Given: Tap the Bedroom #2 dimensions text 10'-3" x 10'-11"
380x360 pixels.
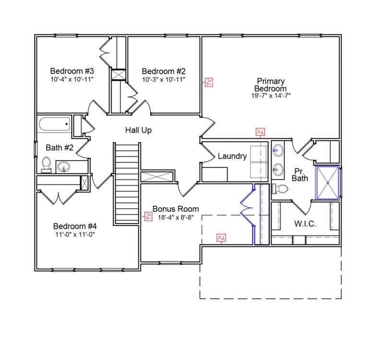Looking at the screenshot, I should click(x=164, y=79).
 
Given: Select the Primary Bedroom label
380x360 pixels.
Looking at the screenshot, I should click(x=271, y=85).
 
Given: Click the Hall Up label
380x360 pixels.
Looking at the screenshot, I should click(x=139, y=130).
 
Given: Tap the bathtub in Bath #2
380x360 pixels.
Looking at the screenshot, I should click(x=54, y=126).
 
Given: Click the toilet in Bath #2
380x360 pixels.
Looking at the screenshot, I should click(x=46, y=164).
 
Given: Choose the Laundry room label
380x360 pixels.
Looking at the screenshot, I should click(x=232, y=156).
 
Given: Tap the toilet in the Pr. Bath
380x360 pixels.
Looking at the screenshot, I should click(x=279, y=188).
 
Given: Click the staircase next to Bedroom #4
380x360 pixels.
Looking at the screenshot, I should click(x=127, y=185).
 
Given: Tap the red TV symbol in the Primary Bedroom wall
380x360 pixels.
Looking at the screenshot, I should click(x=209, y=82).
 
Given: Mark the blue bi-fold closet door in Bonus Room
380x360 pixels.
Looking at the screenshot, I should click(x=247, y=210).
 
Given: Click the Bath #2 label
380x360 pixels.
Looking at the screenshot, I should click(x=59, y=147).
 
